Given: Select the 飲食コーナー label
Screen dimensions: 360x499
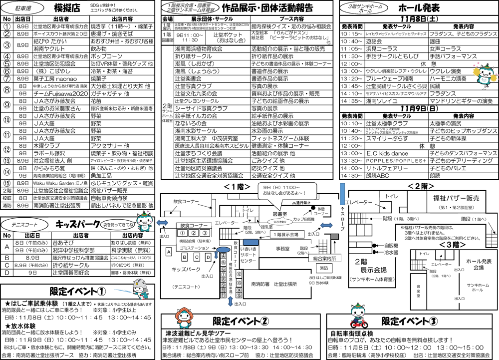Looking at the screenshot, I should click(x=186, y=202).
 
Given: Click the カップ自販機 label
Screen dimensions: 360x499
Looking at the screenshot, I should click(x=304, y=219).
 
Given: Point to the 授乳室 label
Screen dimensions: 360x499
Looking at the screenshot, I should click(x=266, y=227).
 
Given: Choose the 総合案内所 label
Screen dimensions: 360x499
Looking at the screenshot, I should click(x=325, y=258).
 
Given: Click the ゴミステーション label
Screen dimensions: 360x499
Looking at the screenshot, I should click(x=194, y=248).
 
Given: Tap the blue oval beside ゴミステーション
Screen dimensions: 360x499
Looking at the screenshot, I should click(x=223, y=249).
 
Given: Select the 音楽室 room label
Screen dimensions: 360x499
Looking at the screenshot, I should click(x=418, y=291).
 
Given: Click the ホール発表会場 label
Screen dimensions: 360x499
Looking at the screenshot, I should click(x=479, y=264).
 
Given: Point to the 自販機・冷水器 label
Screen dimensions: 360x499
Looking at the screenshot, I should click(x=391, y=249).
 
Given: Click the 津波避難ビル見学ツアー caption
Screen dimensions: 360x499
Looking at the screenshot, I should click(x=199, y=333).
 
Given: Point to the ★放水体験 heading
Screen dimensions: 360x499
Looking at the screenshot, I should click(x=21, y=326).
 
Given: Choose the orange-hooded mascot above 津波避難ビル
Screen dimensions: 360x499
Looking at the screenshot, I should click(x=184, y=316).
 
